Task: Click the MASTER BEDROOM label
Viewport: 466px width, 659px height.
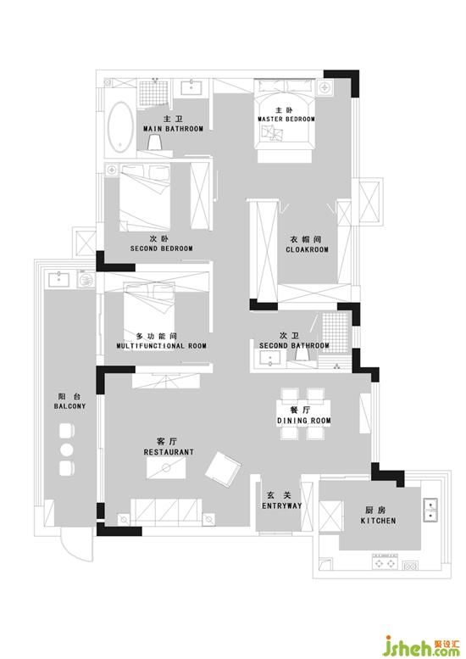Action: (286, 119)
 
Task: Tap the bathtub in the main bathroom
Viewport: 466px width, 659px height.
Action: (120, 126)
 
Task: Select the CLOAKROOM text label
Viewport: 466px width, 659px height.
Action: (308, 249)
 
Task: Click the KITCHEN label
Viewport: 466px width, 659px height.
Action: (378, 521)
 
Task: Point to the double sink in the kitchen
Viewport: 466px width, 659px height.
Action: (430, 510)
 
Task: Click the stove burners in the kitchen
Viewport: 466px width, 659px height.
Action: (385, 562)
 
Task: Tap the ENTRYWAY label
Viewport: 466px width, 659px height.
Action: (282, 505)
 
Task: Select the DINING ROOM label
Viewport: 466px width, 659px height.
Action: (304, 421)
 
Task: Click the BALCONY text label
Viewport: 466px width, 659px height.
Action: (69, 406)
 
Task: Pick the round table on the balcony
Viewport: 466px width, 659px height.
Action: (66, 450)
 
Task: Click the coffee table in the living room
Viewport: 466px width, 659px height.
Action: (166, 467)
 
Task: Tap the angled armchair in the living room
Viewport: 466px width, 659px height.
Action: (223, 469)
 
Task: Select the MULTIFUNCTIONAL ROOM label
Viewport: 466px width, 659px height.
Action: (162, 346)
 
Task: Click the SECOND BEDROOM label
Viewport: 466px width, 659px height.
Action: (162, 249)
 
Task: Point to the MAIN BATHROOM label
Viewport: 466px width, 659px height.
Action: (174, 129)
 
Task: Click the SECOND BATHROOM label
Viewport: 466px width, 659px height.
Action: (294, 345)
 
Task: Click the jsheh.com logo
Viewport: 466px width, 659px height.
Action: (422, 645)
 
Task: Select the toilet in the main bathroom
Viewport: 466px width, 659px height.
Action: (154, 142)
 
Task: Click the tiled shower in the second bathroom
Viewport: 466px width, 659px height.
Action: (335, 332)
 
